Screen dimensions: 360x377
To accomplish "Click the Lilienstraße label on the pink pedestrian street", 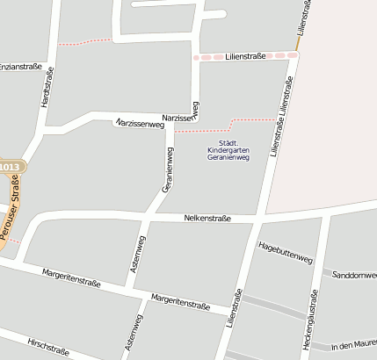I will coord(245,55).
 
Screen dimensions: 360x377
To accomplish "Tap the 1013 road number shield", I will coord(10,167).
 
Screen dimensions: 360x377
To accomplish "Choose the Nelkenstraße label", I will coord(207,218).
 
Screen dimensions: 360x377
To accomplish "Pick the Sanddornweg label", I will coord(353,275).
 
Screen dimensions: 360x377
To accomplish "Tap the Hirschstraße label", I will coord(48,348).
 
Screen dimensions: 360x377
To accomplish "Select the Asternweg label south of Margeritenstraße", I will coord(134,334).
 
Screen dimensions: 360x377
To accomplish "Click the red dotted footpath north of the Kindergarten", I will coord(211,127).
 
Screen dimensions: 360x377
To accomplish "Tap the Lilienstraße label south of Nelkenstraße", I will coord(234,308).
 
